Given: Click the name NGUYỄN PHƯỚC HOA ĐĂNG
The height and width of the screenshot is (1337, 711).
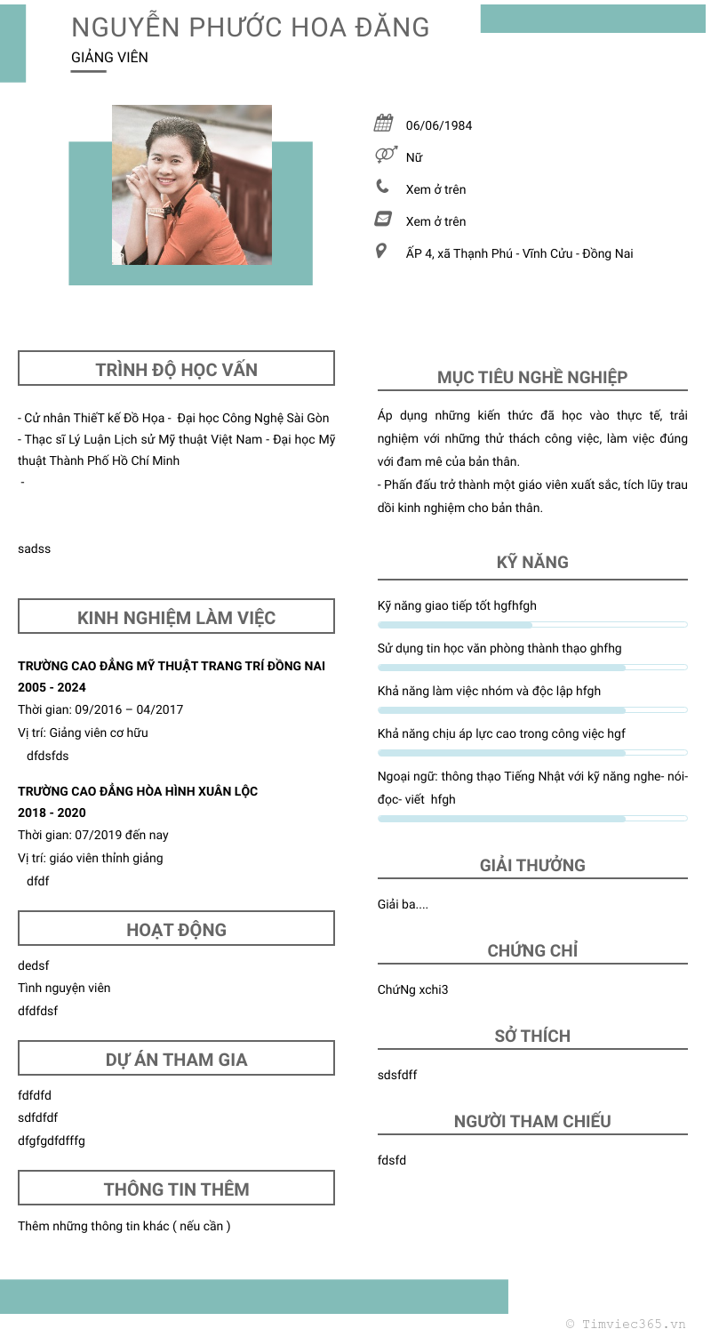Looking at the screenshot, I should tap(250, 28).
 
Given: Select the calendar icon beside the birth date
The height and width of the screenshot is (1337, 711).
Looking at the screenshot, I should tap(384, 124).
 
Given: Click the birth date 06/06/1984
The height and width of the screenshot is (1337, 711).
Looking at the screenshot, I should tap(439, 125).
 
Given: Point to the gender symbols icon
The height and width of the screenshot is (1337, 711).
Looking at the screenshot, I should tap(385, 156).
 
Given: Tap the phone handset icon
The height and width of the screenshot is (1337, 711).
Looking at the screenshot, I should tap(382, 187).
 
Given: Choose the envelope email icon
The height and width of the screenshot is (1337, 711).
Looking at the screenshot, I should tap(383, 219).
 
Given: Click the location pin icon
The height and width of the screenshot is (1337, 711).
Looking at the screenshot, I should tap(381, 252).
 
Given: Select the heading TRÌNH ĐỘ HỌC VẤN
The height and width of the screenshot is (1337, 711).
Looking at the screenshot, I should tap(176, 369).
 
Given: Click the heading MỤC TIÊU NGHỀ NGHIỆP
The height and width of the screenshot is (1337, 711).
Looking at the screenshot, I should tap(532, 377).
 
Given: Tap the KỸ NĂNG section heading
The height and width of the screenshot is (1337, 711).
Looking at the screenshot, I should tap(532, 562).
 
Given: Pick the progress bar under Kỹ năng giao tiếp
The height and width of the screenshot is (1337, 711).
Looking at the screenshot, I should tap(532, 625).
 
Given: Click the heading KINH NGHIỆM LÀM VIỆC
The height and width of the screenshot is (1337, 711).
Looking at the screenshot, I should tap(176, 617).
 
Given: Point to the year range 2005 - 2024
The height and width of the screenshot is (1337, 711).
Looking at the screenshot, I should tap(52, 687).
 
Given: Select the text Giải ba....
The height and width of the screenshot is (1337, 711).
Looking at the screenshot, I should tap(403, 904).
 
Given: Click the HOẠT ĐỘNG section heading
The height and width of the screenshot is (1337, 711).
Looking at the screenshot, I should tap(176, 929).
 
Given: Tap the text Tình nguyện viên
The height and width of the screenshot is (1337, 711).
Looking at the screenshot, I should tap(64, 988).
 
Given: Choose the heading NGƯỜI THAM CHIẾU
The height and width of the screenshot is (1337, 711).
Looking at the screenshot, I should tap(532, 1120).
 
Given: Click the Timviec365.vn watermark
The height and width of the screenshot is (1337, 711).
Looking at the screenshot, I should tap(626, 1324).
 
